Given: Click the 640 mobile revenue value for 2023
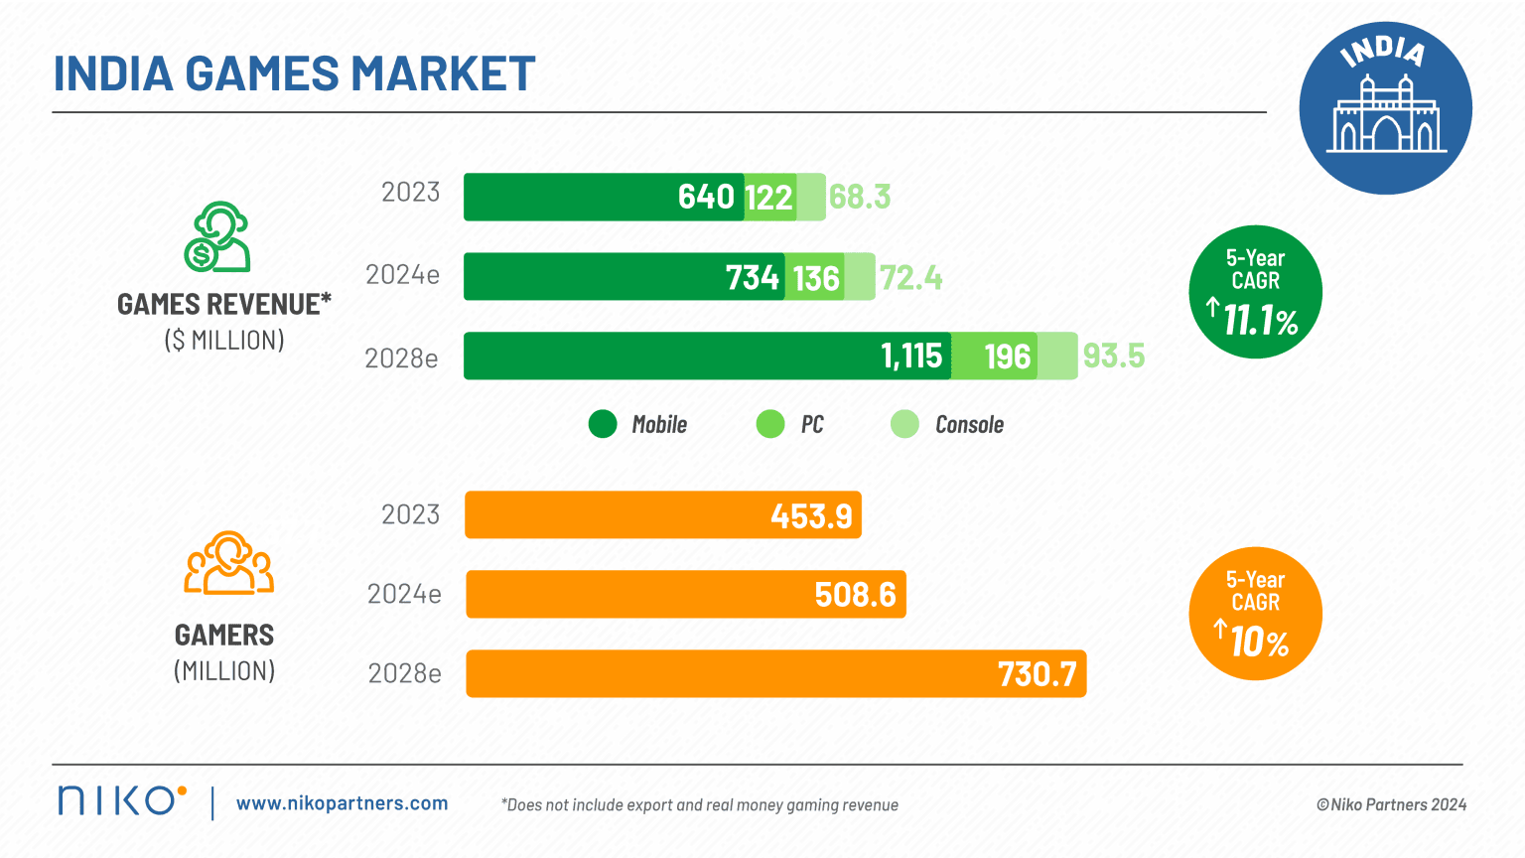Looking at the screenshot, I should click(x=706, y=197).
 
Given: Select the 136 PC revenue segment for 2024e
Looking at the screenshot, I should click(x=816, y=278).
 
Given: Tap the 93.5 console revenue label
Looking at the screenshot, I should click(x=1113, y=356).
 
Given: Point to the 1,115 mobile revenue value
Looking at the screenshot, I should click(x=911, y=356).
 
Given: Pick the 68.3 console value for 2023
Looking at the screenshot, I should click(x=860, y=197).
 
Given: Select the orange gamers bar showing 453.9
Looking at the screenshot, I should click(x=663, y=515).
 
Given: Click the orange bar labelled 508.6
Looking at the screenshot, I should click(x=685, y=595).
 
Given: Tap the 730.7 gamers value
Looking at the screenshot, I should click(x=1037, y=674).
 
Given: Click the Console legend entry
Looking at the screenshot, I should click(x=948, y=425).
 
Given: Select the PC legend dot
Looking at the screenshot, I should click(x=770, y=425).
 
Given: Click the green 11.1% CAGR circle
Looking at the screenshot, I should click(x=1255, y=292).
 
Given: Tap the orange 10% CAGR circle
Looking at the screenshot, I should click(x=1255, y=614).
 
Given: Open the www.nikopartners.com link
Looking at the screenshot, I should click(x=342, y=803).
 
